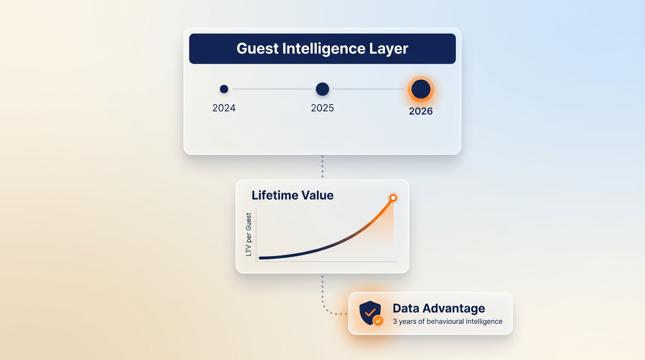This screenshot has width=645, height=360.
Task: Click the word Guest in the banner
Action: click(257, 48)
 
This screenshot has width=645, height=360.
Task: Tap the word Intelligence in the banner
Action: click(323, 49)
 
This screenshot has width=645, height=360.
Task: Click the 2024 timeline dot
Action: click(224, 89)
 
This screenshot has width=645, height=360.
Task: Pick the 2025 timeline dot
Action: click(322, 89)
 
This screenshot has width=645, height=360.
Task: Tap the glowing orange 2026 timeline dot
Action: click(421, 89)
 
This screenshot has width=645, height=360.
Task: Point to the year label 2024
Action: click(224, 108)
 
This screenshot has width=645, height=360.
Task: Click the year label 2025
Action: click(322, 108)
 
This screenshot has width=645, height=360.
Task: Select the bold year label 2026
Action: click(421, 111)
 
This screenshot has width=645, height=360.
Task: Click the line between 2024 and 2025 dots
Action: click(272, 89)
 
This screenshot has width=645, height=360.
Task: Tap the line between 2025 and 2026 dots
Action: click(368, 89)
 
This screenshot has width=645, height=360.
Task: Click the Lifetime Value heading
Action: click(292, 195)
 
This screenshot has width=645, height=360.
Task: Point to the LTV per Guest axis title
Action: click(248, 234)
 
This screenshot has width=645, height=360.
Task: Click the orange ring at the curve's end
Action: click(393, 198)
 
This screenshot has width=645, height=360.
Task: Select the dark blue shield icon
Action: click(370, 313)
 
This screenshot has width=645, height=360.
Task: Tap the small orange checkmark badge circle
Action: click(378, 321)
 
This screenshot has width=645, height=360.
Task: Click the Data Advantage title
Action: click(439, 308)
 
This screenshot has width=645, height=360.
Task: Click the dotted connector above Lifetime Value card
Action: click(322, 166)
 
